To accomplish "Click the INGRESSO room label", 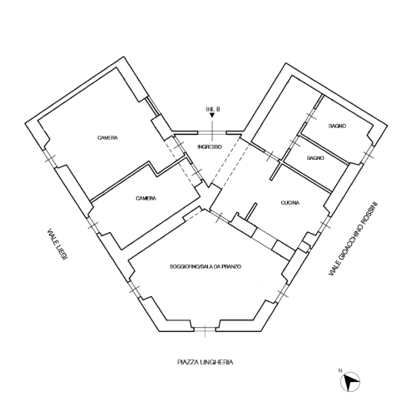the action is click(210, 146).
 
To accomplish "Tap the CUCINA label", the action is click(290, 203).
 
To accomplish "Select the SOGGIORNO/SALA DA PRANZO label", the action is click(206, 267).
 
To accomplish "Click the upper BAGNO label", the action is click(337, 126).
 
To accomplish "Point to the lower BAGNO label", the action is click(315, 158).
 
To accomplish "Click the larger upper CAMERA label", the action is click(107, 137).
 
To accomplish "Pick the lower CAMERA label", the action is click(146, 198).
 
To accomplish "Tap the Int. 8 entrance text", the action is click(213, 109).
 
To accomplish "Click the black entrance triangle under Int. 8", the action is click(212, 115).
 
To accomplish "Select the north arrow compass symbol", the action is click(350, 382).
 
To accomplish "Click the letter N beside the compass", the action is click(340, 370).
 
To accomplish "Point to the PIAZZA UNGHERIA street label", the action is click(205, 362).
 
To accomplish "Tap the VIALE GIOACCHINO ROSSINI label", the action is click(354, 238).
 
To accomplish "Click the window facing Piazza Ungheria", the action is click(205, 329).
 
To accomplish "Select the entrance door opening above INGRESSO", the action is click(212, 133).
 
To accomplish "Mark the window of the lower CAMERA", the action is click(93, 225).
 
